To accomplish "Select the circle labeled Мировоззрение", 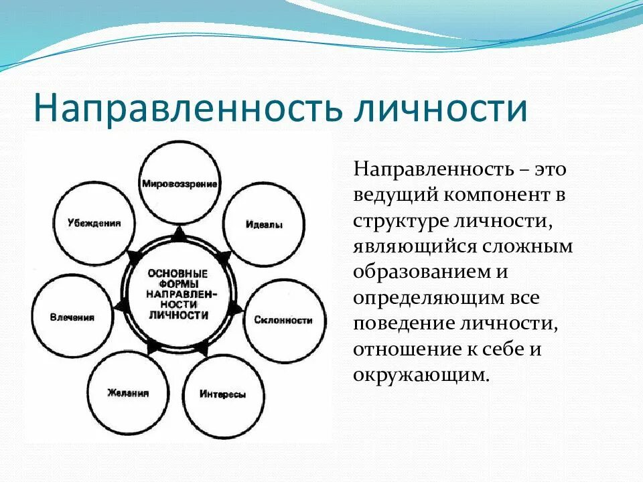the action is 179,182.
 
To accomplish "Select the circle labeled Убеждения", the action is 94,223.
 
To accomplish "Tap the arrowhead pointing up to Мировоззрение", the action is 179,234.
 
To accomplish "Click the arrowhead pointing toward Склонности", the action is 236,309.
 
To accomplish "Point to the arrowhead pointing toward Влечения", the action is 121,306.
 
